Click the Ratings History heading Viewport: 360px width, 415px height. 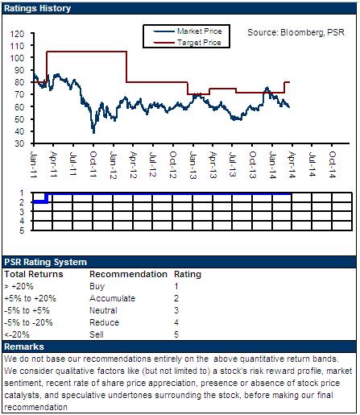(x=37, y=8)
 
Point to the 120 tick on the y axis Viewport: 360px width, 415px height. (x=18, y=34)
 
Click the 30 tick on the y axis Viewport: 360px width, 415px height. (x=19, y=143)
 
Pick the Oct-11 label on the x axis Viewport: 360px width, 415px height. (x=93, y=164)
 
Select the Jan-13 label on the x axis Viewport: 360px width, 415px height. (x=193, y=165)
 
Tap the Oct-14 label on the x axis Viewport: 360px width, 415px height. (x=333, y=164)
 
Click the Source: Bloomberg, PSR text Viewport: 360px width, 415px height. (x=296, y=32)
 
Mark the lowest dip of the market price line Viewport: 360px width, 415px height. (x=93, y=133)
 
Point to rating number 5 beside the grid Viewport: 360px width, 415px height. (x=22, y=230)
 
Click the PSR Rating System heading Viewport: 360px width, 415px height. (x=45, y=262)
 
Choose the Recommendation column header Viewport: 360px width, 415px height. (x=128, y=274)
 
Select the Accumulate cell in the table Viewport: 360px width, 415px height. (x=113, y=298)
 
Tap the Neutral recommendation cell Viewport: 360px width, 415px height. (x=103, y=310)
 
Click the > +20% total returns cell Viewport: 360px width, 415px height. (x=19, y=286)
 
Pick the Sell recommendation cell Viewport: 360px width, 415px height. (x=97, y=334)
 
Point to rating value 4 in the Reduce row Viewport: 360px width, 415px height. (x=176, y=322)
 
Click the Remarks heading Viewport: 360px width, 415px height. (x=24, y=347)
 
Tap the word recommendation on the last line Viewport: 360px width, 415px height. (x=35, y=407)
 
